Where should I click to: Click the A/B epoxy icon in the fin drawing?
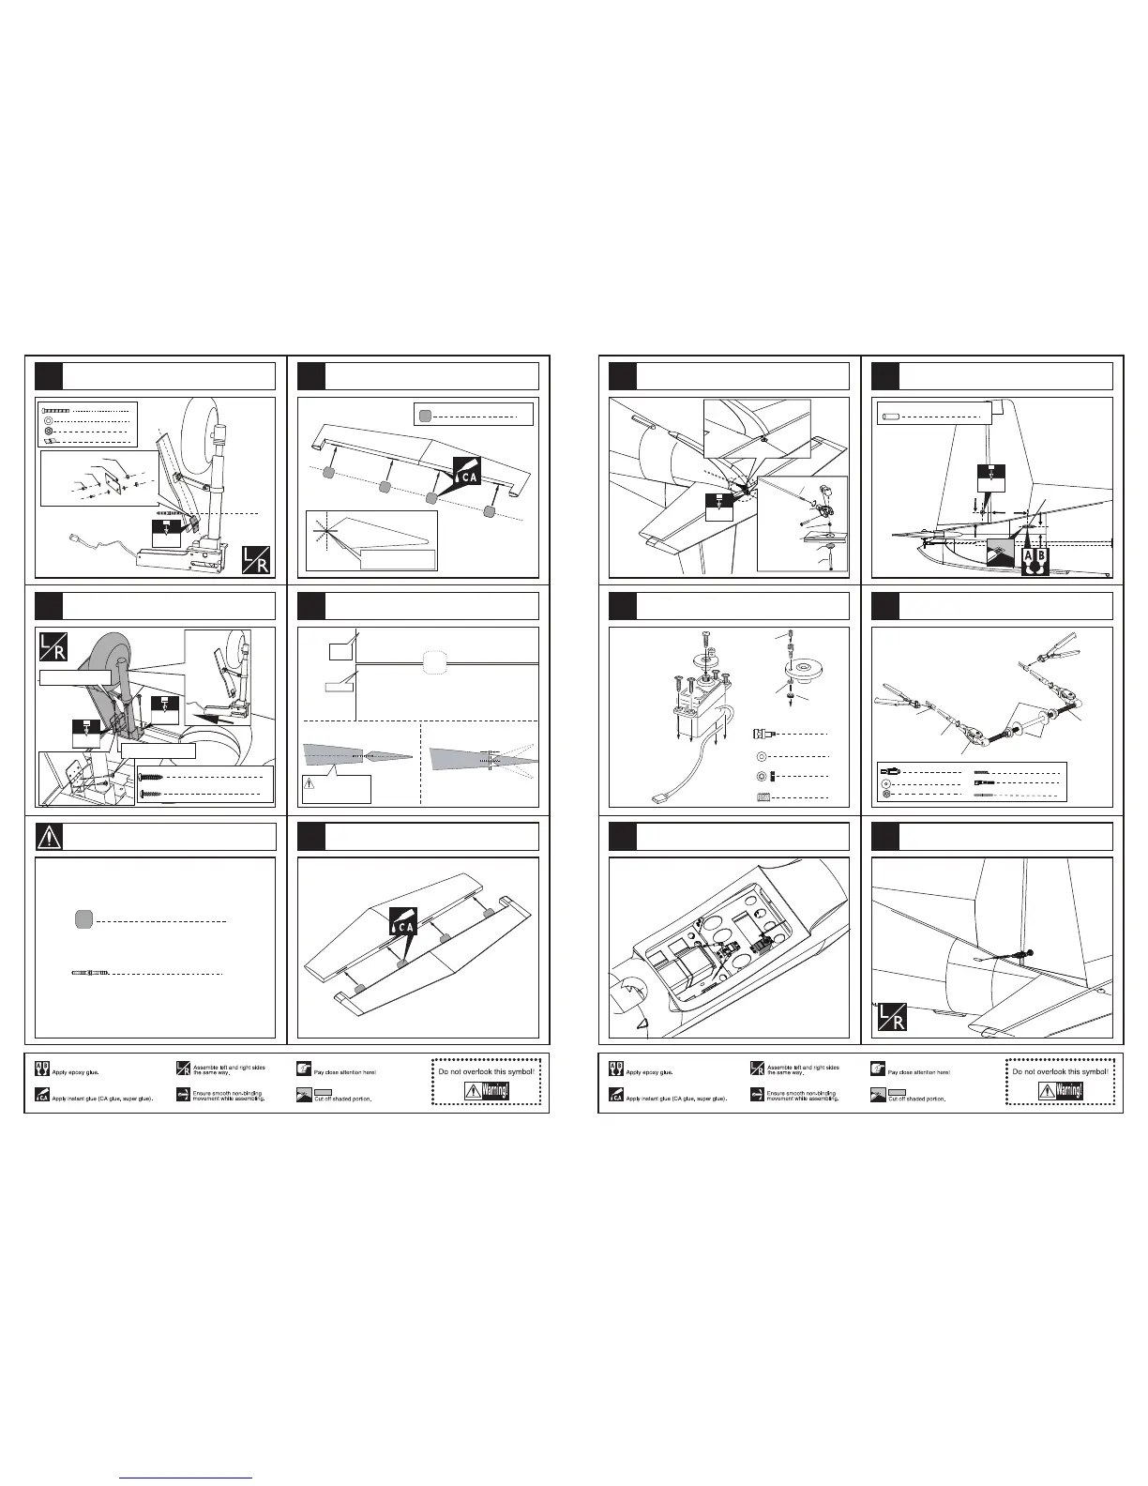pos(1035,561)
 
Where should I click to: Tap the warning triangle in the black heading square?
pos(49,836)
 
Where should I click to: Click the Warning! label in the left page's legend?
pos(488,1091)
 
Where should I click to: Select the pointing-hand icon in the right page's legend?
pos(877,1069)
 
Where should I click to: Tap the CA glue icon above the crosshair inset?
pos(466,472)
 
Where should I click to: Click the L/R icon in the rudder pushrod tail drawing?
pos(892,1017)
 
